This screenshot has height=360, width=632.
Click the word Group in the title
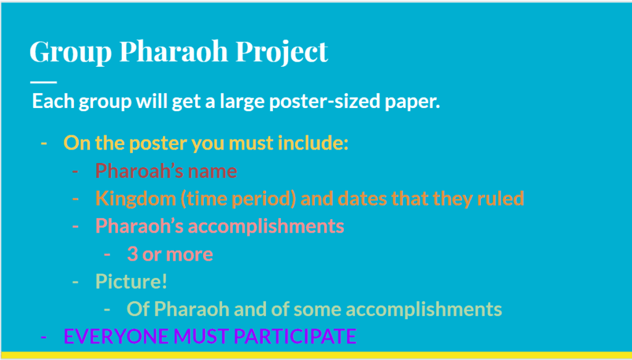tap(70, 52)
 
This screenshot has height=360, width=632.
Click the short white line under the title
tap(44, 82)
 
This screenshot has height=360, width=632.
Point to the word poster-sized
tap(325, 102)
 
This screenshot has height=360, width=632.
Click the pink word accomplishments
tap(266, 226)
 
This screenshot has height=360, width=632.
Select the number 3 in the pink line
tap(132, 254)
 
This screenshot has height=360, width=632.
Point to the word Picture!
tap(131, 281)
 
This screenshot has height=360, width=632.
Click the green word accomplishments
tap(424, 309)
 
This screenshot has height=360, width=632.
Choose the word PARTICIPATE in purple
tap(295, 336)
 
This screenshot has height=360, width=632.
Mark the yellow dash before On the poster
tap(44, 144)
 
